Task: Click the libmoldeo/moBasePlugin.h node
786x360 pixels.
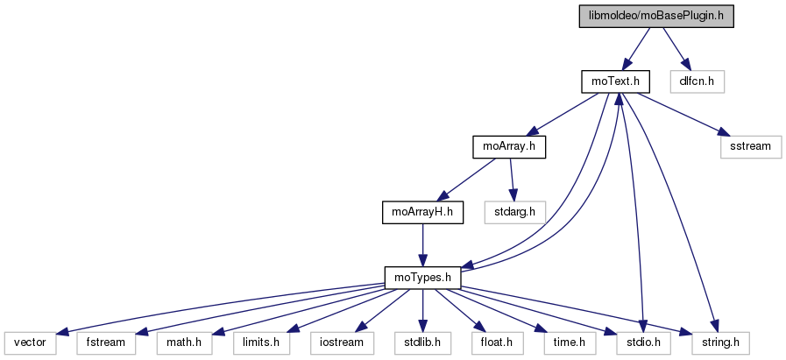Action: (656, 16)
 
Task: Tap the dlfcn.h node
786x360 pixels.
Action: (697, 81)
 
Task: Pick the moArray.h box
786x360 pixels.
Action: (508, 146)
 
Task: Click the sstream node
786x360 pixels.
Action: (750, 146)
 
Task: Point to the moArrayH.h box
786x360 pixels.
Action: (421, 211)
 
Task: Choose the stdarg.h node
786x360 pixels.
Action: (520, 211)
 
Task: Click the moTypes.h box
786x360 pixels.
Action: (422, 278)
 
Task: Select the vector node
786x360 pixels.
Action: (29, 342)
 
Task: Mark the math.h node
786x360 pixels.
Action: (184, 342)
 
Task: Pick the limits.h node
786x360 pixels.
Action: (258, 342)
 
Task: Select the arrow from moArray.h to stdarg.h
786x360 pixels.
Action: (514, 179)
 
